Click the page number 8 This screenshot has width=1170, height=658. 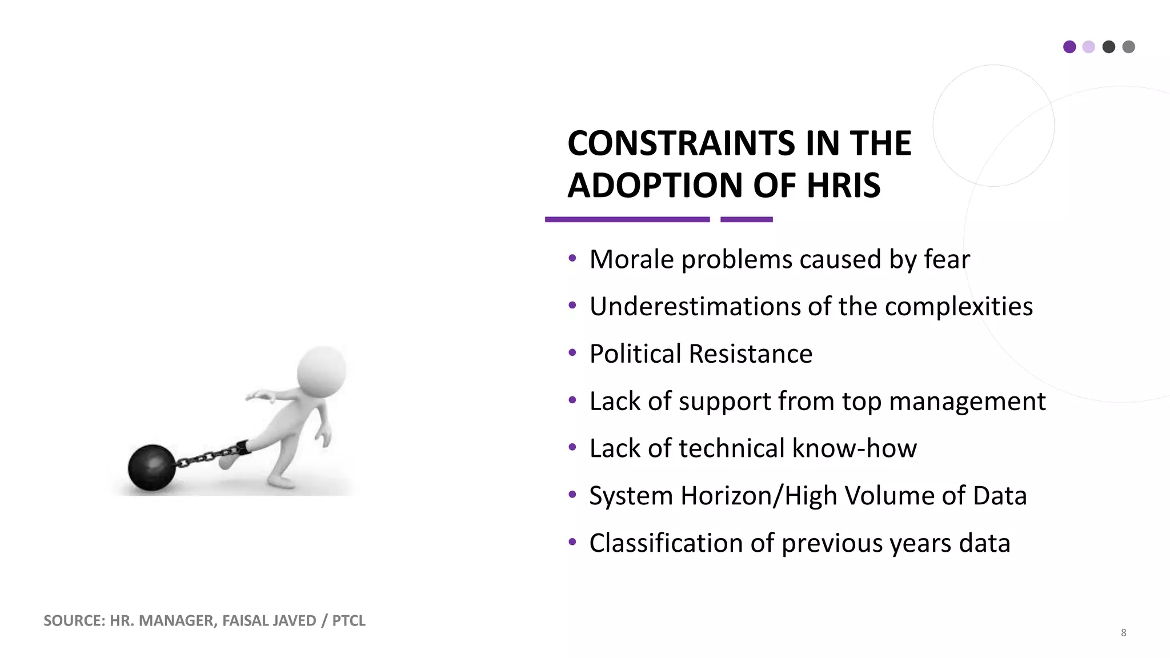1123,632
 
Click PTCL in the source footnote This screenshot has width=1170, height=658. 348,621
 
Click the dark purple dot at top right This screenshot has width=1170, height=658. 1069,47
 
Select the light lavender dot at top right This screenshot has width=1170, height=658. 1089,47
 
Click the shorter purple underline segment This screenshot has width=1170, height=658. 746,219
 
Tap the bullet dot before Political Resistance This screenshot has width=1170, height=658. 572,353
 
